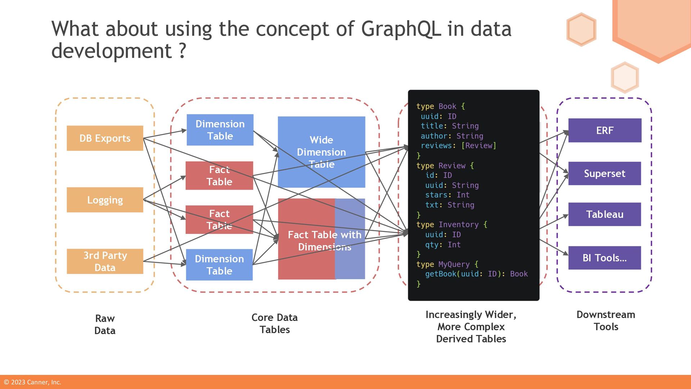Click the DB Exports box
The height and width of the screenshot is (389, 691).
[105, 138]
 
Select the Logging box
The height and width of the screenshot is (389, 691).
[105, 200]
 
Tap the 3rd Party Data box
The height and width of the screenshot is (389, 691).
[105, 261]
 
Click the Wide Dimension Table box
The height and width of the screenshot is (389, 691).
[321, 152]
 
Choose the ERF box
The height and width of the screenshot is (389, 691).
[605, 130]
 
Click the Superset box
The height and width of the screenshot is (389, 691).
[605, 174]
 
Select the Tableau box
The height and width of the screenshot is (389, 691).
[605, 214]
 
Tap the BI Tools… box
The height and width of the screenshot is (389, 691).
[605, 258]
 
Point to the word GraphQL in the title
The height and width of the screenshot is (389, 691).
[401, 29]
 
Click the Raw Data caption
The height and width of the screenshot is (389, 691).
[105, 325]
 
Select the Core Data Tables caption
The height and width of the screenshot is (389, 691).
[275, 323]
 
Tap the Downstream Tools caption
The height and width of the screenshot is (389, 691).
[606, 321]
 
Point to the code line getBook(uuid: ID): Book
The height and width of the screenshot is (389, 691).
[476, 274]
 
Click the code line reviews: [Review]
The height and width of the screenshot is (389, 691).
[459, 146]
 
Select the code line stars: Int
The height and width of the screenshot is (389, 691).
[447, 195]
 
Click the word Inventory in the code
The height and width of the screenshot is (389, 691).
[459, 225]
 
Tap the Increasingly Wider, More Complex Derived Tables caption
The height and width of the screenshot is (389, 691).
[471, 327]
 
